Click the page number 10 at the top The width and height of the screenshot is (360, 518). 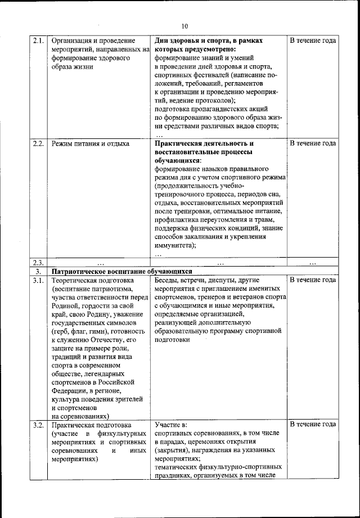coord(186,25)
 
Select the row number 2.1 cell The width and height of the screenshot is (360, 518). coord(38,41)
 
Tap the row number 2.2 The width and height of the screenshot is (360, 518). coord(38,143)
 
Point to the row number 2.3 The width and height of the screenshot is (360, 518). coord(38,263)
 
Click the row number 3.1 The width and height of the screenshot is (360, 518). coord(38,280)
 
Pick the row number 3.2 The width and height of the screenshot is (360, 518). coord(38,425)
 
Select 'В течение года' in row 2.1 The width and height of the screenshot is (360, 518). coord(313,41)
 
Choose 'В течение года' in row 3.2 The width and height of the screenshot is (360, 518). coord(313,425)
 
